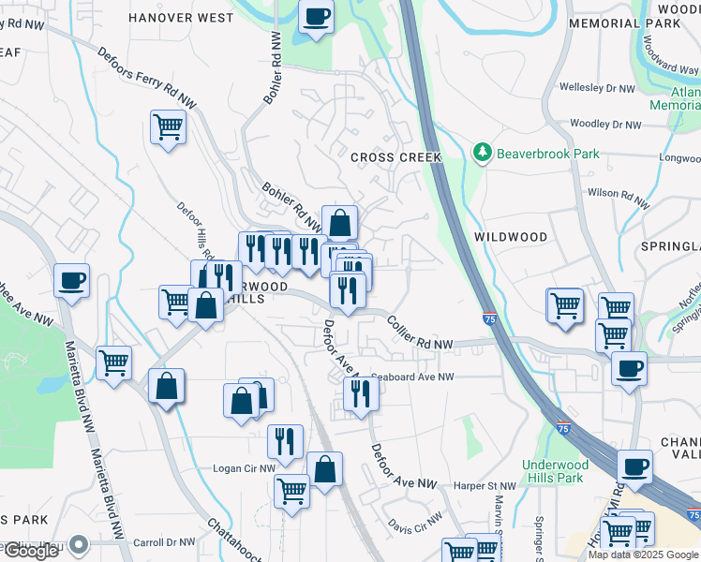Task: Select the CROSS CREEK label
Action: pos(395,157)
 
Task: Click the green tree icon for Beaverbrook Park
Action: pos(483,151)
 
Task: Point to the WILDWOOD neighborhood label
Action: pos(510,237)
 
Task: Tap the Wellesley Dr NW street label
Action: pos(597,88)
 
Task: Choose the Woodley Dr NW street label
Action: pos(605,124)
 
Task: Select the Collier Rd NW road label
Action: pos(420,333)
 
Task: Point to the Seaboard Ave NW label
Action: pos(412,377)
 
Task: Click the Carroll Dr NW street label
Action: pos(164,541)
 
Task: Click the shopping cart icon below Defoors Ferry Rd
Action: pos(168,126)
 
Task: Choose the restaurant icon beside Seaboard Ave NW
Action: pos(359,393)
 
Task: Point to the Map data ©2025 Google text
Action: pos(644,555)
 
